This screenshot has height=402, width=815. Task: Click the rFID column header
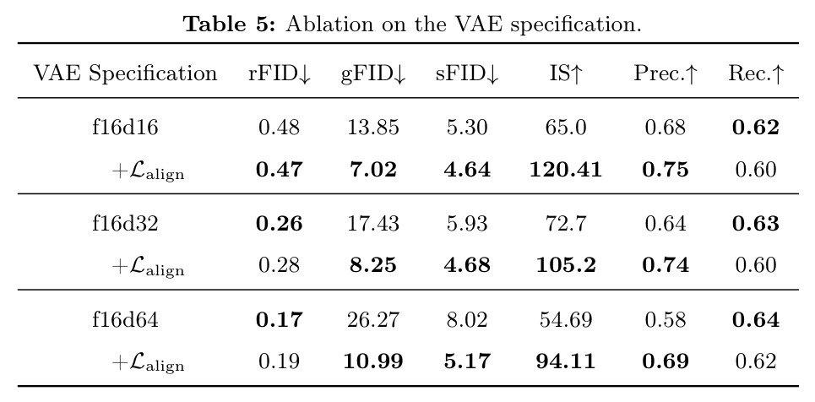click(x=280, y=73)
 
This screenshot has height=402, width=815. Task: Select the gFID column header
click(x=373, y=73)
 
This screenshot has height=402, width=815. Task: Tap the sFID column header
click(x=467, y=73)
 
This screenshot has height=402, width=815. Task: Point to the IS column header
click(x=566, y=73)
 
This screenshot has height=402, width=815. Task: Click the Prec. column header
click(x=665, y=73)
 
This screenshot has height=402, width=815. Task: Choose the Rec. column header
click(x=756, y=73)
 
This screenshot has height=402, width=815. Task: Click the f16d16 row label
click(x=125, y=128)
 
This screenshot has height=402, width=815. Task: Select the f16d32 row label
click(x=125, y=223)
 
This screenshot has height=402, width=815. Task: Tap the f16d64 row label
click(x=125, y=319)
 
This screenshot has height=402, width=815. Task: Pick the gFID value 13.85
click(x=373, y=128)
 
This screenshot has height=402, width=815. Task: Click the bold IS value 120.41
click(x=566, y=170)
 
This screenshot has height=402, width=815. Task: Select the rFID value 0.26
click(x=279, y=223)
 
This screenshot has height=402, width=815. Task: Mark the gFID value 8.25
click(x=373, y=266)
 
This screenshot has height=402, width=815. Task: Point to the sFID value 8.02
click(x=467, y=319)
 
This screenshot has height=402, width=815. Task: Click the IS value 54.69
click(x=566, y=319)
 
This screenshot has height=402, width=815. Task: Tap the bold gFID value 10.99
click(x=373, y=361)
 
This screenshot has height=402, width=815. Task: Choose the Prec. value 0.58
click(x=666, y=319)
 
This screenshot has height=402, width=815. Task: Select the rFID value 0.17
click(x=279, y=319)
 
